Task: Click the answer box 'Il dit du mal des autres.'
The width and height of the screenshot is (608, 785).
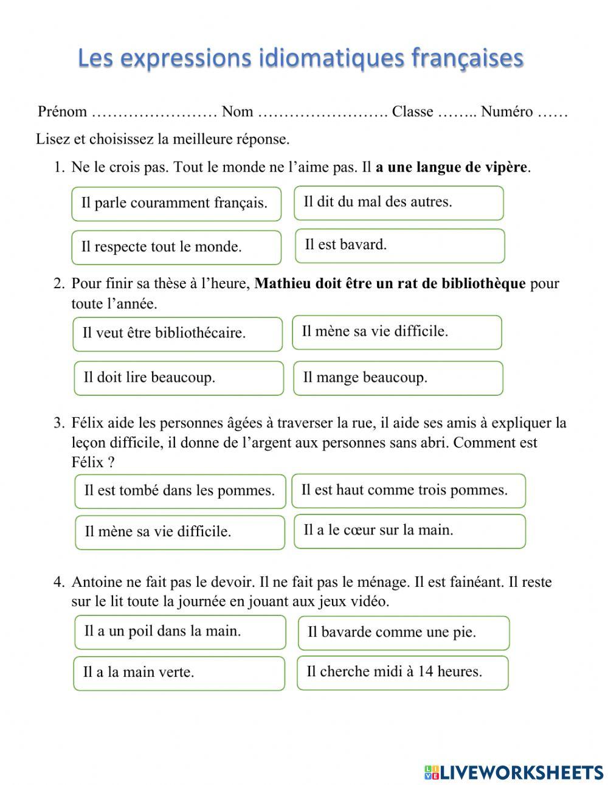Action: [x=399, y=202]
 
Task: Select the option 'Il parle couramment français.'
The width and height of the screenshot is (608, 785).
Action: [x=176, y=204]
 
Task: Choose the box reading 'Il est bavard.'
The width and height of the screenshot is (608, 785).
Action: [x=399, y=246]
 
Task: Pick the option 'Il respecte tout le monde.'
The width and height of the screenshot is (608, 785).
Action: [x=176, y=247]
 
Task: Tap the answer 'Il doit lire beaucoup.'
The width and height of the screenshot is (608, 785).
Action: [x=179, y=378]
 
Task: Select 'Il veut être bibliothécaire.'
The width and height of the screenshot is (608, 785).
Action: [x=178, y=334]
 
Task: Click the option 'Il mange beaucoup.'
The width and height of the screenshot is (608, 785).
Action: [x=398, y=378]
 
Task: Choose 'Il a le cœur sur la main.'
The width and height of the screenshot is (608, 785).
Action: [x=409, y=531]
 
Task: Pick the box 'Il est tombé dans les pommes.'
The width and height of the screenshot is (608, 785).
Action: [x=180, y=491]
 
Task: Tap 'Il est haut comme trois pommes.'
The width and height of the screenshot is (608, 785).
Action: [x=408, y=491]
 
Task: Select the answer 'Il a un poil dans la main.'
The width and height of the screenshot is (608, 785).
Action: [x=180, y=632]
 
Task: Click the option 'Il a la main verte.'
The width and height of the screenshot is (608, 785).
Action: [x=179, y=673]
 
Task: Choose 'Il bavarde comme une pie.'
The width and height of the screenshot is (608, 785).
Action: [x=403, y=633]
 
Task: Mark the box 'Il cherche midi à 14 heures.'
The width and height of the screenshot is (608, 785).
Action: [x=402, y=673]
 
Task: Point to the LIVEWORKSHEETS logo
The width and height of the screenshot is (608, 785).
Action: [x=514, y=772]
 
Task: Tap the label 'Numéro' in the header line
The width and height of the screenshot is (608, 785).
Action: [x=506, y=112]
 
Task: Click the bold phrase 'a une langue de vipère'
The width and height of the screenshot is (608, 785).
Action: [x=451, y=167]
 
